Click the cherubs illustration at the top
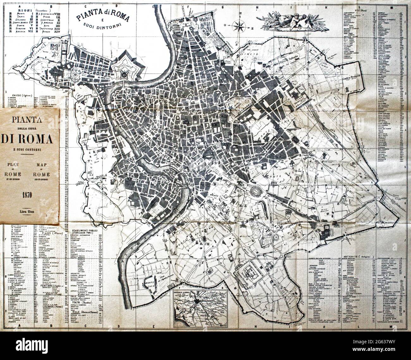coord(286,20)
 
